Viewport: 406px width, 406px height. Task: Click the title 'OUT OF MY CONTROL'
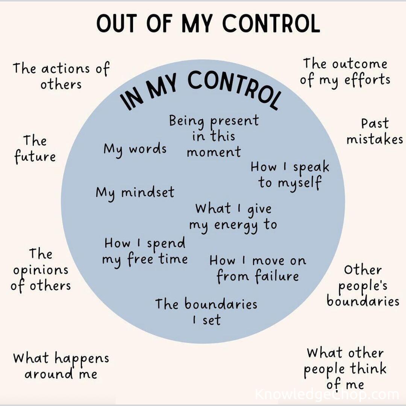(208, 23)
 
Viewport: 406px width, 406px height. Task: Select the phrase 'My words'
(135, 150)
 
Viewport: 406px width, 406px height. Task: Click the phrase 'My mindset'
(135, 193)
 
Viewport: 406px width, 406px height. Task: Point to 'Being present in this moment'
(214, 136)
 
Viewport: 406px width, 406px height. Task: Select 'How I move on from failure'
(258, 269)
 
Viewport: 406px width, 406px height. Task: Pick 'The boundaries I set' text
(206, 312)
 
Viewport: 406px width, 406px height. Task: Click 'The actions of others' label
(61, 76)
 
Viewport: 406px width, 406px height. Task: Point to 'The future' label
(35, 149)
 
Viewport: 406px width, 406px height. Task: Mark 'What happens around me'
(61, 365)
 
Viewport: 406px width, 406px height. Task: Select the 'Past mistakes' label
(375, 132)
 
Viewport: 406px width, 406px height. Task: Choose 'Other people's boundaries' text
(363, 286)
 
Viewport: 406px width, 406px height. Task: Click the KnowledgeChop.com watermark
(327, 394)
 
